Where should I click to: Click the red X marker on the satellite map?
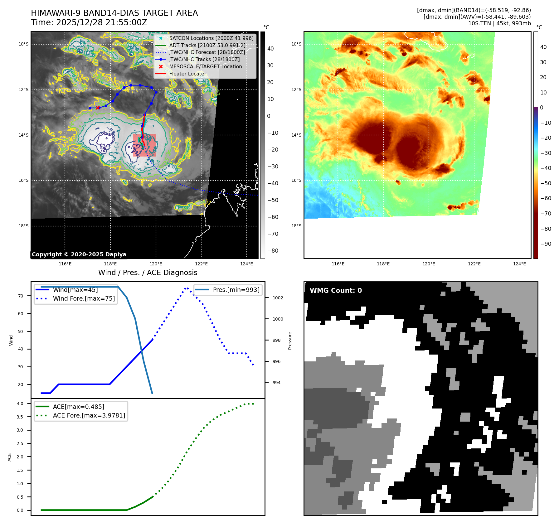tap(98, 108)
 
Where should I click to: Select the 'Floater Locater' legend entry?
tap(187, 74)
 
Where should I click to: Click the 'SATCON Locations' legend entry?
tap(211, 38)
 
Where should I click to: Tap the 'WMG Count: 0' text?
tap(336, 290)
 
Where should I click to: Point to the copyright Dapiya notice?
tap(79, 254)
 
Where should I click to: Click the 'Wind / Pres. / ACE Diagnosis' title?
tap(148, 273)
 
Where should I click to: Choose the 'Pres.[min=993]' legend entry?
tap(236, 290)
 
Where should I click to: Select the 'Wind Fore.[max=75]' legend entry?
tap(84, 298)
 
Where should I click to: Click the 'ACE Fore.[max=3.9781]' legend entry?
tap(89, 415)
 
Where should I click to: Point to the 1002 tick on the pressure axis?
tap(278, 298)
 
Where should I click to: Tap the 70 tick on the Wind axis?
tap(21, 296)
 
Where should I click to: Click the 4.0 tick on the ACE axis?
tap(20, 404)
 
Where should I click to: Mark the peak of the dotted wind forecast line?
tap(186, 288)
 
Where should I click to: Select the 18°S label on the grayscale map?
tap(23, 226)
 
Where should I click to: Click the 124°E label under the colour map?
tap(519, 264)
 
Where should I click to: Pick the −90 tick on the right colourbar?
tap(546, 244)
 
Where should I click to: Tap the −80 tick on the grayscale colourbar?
tap(273, 251)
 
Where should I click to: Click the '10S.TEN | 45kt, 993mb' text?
tap(499, 23)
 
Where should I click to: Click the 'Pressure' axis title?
tap(290, 340)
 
